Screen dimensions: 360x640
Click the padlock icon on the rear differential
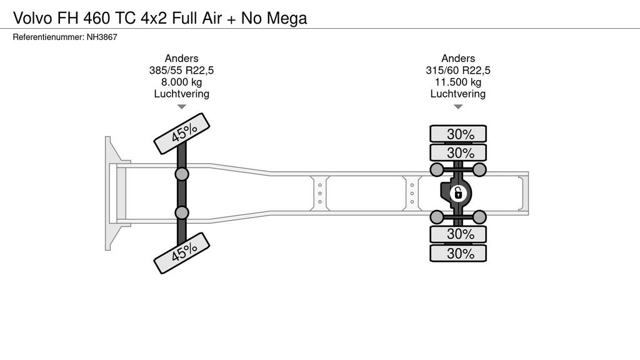[x=458, y=193]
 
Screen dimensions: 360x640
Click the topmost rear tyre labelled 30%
[x=458, y=134]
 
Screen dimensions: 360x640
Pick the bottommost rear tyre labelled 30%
[x=458, y=253]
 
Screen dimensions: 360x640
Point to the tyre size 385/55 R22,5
[x=181, y=70]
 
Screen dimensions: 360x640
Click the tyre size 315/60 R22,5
[x=458, y=70]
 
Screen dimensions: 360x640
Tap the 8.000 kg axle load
[x=181, y=82]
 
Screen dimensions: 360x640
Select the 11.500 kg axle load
[x=458, y=82]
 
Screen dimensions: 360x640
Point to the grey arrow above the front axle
[x=181, y=107]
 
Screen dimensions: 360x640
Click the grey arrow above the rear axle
[x=458, y=107]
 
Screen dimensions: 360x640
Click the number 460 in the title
[x=96, y=18]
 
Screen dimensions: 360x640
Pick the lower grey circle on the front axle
[x=182, y=212]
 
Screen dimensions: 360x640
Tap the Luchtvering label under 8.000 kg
[x=181, y=94]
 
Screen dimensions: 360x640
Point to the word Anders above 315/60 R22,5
[x=458, y=58]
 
